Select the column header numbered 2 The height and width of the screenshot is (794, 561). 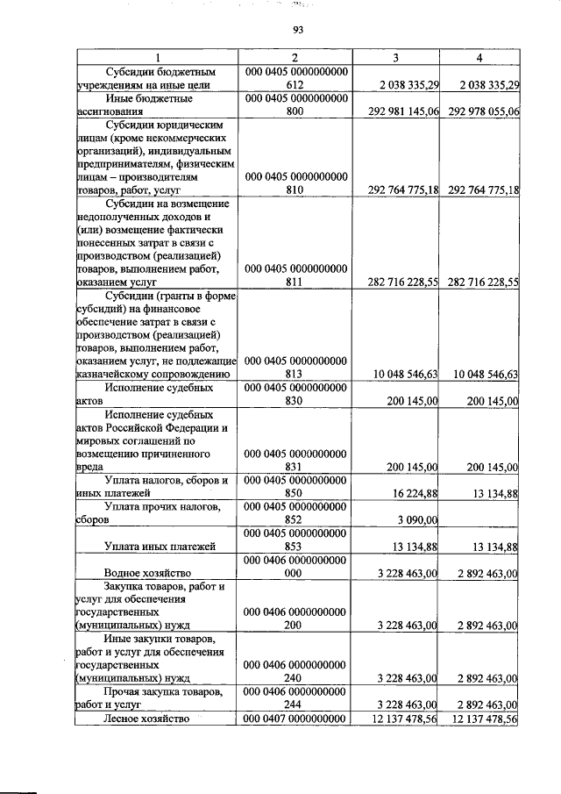click(x=296, y=58)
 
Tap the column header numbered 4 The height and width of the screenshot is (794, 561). click(x=479, y=58)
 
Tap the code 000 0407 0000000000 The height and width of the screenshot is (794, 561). click(x=296, y=719)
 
